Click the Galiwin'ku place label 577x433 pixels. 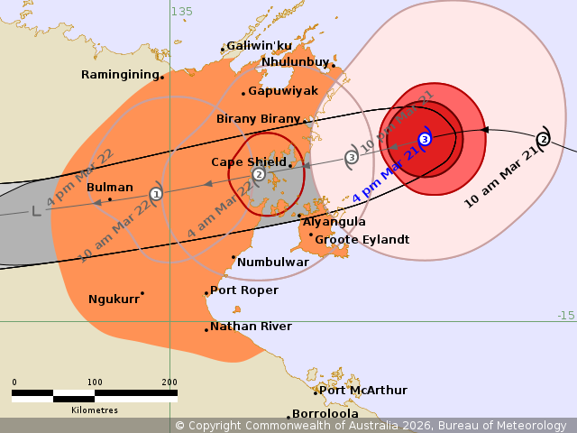click(259, 46)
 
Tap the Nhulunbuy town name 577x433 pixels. click(295, 62)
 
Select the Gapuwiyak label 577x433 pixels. click(283, 91)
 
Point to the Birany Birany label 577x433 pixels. click(258, 119)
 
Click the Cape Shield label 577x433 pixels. click(249, 162)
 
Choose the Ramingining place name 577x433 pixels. click(120, 75)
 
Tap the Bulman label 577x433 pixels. click(110, 188)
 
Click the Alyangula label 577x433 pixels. click(334, 222)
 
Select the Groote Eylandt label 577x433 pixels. click(362, 240)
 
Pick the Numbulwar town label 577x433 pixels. click(273, 263)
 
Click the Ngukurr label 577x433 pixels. click(113, 299)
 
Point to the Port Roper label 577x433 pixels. click(244, 291)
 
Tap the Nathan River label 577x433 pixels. click(251, 327)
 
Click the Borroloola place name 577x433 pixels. click(325, 414)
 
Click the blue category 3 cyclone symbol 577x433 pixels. click(425, 139)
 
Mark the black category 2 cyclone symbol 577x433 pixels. click(543, 139)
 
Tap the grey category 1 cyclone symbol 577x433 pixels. click(156, 194)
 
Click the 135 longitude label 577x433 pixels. click(182, 12)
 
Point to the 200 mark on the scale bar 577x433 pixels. click(169, 382)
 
